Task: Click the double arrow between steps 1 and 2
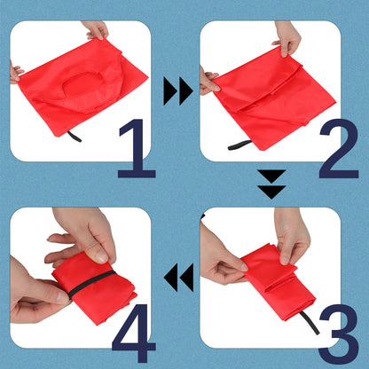[x=177, y=90]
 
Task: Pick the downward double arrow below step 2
[x=271, y=184]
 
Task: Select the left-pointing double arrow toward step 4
[x=179, y=277]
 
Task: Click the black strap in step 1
[x=74, y=137]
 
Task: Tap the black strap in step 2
[x=240, y=145]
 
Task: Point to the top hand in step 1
[x=95, y=29]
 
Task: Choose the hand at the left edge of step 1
[x=14, y=71]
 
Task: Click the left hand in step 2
[x=208, y=82]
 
